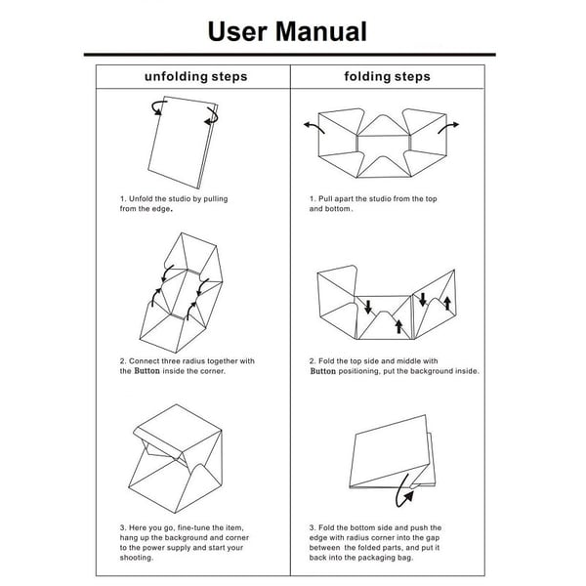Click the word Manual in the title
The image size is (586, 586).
(x=321, y=31)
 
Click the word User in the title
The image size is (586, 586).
(x=237, y=31)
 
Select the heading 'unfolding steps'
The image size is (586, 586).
(x=196, y=76)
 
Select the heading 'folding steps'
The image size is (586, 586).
(x=387, y=76)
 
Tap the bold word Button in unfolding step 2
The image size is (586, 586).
(x=146, y=371)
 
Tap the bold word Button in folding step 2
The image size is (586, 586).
(x=323, y=371)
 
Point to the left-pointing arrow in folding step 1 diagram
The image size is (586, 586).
(x=314, y=127)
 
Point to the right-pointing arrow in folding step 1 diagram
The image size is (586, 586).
(x=448, y=127)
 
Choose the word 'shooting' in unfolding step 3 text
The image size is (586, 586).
(x=136, y=558)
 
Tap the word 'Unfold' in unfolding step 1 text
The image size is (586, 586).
(x=141, y=199)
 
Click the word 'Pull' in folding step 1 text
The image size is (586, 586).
(x=325, y=199)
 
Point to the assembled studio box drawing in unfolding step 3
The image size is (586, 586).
(x=176, y=459)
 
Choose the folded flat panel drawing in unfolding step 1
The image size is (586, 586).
(x=183, y=143)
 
